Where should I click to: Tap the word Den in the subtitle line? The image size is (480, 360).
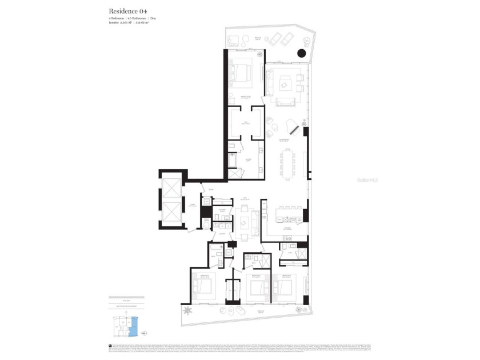point(153,19)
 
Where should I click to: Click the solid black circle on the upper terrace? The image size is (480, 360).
point(302,54)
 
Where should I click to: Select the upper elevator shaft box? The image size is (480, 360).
point(171,189)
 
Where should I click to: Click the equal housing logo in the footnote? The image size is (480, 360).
point(110,346)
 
